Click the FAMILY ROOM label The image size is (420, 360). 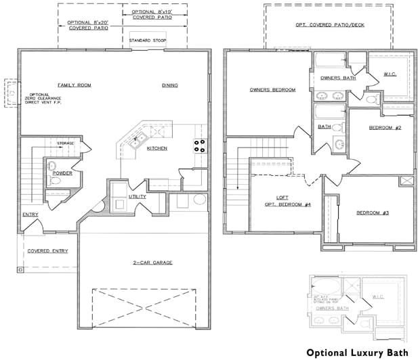click(x=74, y=85)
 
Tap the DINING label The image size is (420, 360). click(x=169, y=85)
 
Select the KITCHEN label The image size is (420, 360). click(x=156, y=148)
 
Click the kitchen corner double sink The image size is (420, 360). click(x=137, y=141)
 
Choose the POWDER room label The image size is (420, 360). click(x=62, y=173)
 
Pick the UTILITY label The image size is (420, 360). click(x=138, y=196)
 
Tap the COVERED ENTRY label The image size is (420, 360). click(x=47, y=251)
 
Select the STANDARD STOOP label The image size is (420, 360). click(x=148, y=41)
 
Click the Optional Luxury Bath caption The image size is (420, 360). click(x=358, y=353)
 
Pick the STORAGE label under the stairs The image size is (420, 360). click(x=66, y=143)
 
